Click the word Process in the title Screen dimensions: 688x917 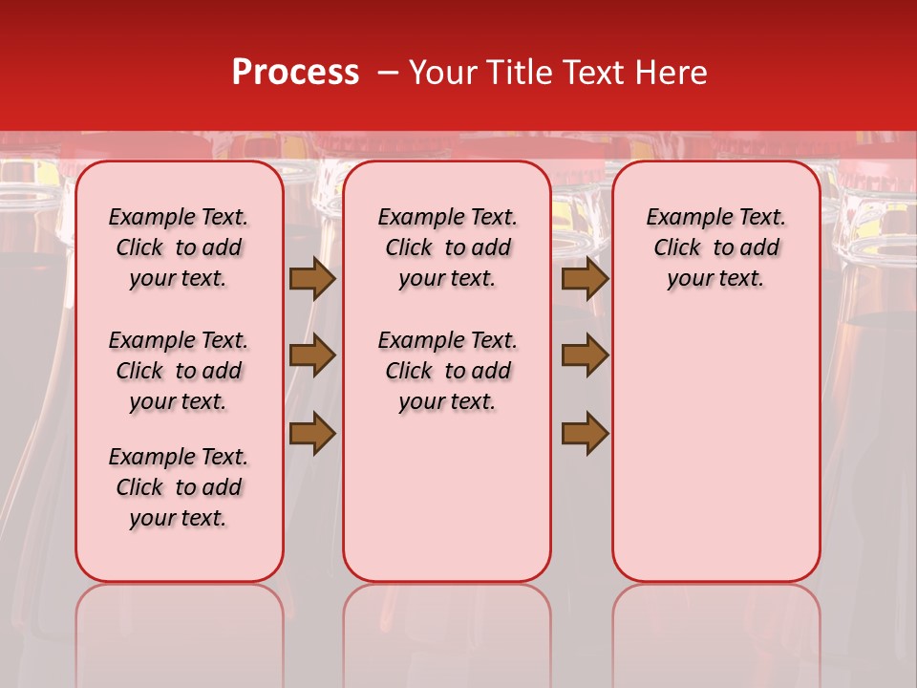coord(295,73)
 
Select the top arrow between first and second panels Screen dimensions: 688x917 coord(312,279)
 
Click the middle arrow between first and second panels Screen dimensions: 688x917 coord(312,355)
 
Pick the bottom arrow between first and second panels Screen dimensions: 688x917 coord(312,433)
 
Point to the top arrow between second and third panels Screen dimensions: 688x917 coord(585,279)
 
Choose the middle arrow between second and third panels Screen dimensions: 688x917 coord(585,355)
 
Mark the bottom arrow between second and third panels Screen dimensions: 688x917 coord(585,433)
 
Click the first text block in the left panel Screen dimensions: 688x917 coord(179,247)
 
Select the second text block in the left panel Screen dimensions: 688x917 coord(179,371)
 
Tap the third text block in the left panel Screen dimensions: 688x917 coord(179,487)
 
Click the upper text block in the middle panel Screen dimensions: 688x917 coord(448,247)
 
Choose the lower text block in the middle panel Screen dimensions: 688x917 coord(448,371)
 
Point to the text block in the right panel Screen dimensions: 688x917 coord(716,247)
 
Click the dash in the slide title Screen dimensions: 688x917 coord(387,73)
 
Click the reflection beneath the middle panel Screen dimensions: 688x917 coord(447,631)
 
